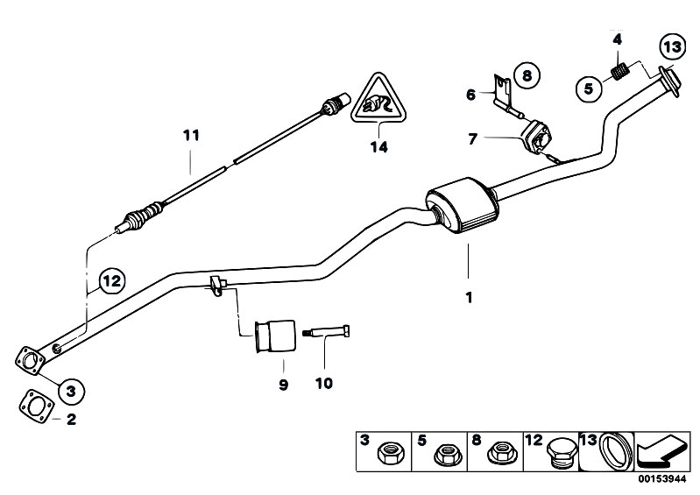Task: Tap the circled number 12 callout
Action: coord(111,281)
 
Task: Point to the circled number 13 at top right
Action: coord(670,46)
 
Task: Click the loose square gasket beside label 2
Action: coord(34,407)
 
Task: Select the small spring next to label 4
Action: coord(619,71)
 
